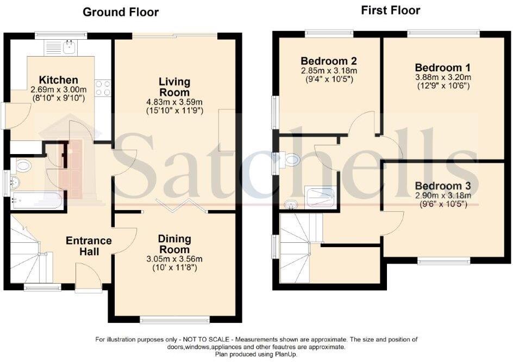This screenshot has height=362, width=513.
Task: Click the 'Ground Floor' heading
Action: pos(121,12)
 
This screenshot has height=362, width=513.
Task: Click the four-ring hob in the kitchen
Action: pos(103,88)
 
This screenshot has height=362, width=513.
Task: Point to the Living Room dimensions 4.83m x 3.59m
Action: pos(174,102)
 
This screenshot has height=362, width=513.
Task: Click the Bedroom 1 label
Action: pos(442,68)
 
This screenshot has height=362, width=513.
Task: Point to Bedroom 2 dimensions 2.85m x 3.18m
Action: pos(328,70)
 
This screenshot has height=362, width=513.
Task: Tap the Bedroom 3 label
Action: pos(443,186)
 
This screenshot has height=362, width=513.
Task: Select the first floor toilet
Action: pos(290,159)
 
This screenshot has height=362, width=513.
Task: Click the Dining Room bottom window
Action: pos(174,320)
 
